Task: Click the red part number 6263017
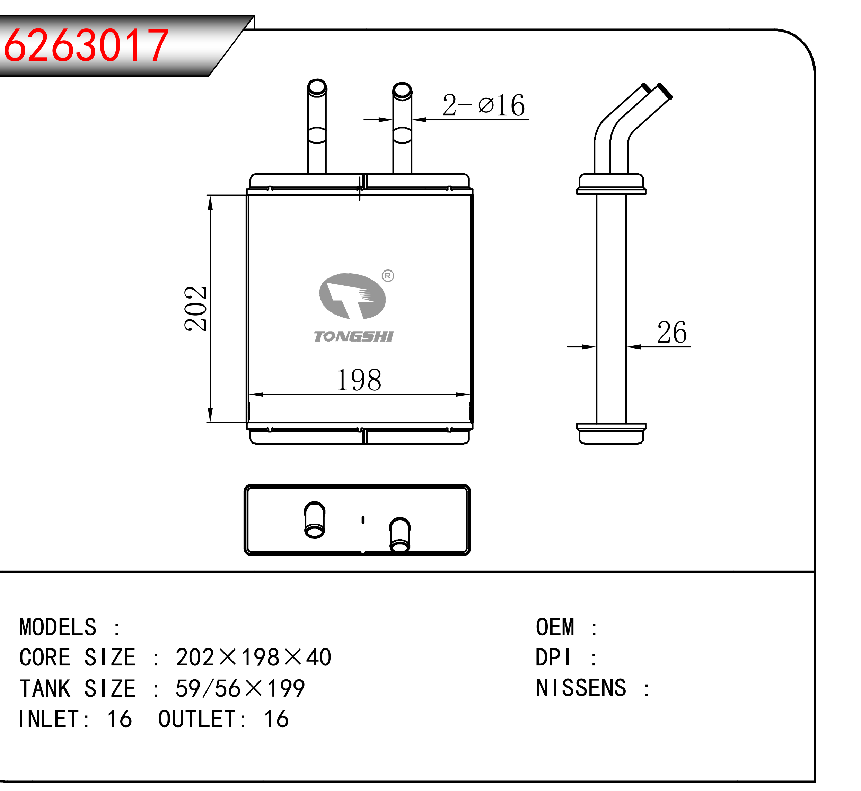click(x=86, y=45)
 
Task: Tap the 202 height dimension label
click(x=195, y=309)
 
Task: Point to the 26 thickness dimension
click(x=672, y=332)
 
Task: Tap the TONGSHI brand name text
click(x=354, y=336)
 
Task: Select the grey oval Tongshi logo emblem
click(x=352, y=296)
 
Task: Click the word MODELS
click(x=58, y=627)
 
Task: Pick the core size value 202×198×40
click(x=254, y=657)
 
